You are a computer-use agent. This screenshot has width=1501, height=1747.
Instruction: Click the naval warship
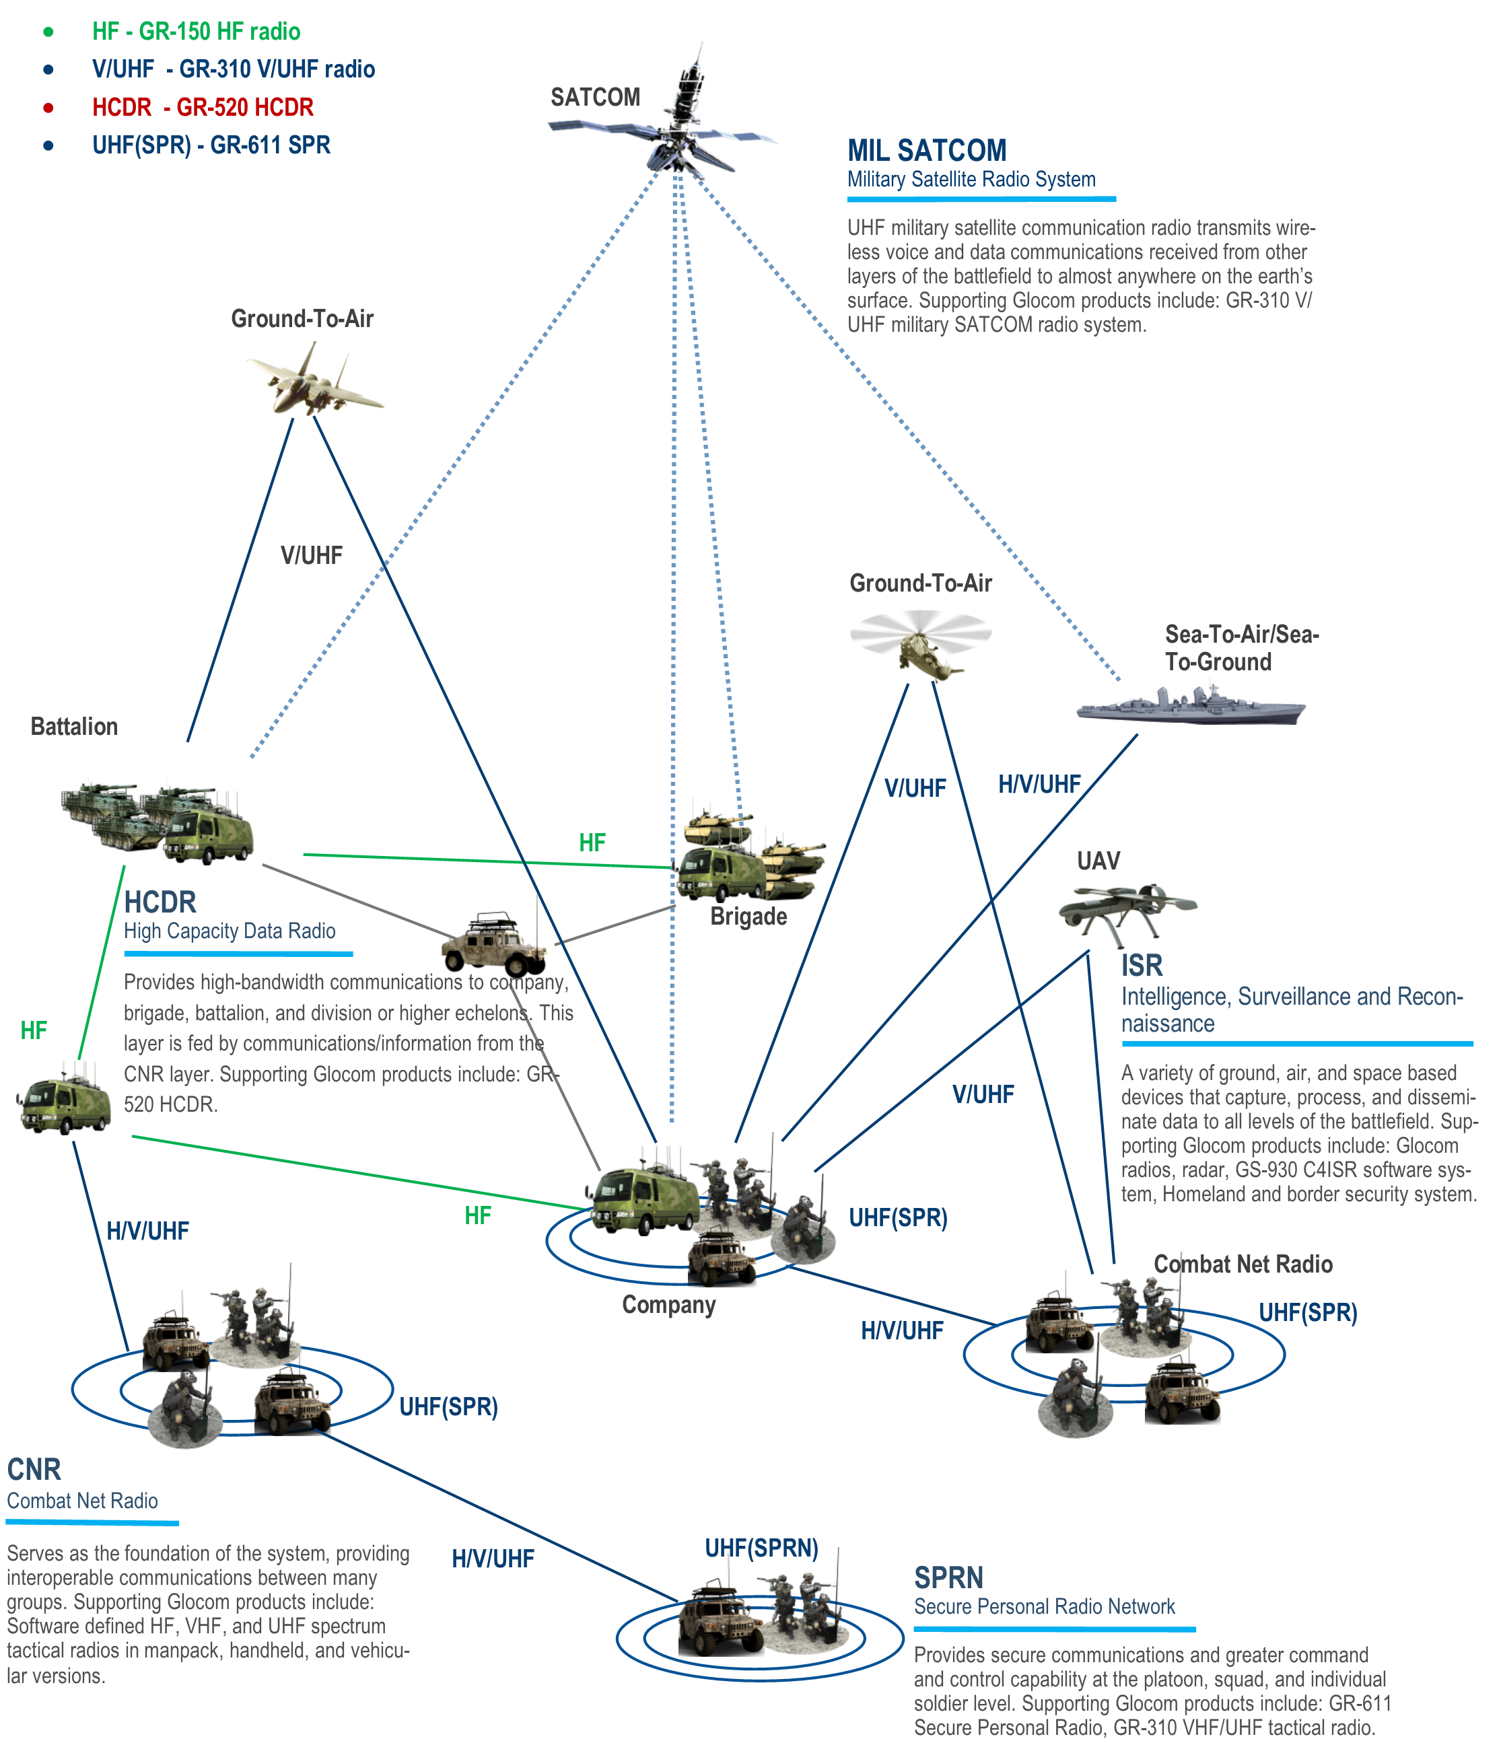pos(1191,705)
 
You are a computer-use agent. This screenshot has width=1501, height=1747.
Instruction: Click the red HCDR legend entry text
pos(203,107)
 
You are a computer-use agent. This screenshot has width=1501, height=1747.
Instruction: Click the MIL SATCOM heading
pos(926,151)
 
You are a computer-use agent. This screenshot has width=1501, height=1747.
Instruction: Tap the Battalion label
pos(74,727)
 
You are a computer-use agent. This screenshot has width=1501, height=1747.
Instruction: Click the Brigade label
pos(748,917)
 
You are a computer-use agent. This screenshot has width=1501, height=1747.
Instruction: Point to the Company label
pos(668,1304)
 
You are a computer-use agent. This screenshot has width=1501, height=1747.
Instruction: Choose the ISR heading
pos(1141,966)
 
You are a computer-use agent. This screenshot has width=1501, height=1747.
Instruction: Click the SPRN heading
pos(948,1578)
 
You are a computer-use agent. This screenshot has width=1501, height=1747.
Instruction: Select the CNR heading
pos(34,1470)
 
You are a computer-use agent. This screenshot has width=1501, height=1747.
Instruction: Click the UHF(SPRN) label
pos(761,1548)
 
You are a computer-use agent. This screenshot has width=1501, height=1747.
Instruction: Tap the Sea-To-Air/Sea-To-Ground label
pos(1241,647)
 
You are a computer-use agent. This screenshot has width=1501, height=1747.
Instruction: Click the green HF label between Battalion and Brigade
pos(592,843)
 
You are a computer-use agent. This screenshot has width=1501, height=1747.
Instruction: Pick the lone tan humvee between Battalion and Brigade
pos(494,941)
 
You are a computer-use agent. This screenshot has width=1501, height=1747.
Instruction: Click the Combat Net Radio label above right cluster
pos(1243,1264)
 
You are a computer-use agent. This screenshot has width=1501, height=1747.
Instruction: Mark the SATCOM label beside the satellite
pos(595,97)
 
